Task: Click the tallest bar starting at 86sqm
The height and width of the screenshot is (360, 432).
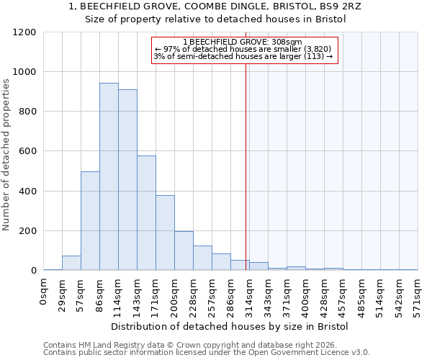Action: [x=109, y=176]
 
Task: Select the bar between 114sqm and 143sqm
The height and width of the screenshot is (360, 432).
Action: [x=127, y=180]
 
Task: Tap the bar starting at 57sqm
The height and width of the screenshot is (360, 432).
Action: [x=90, y=221]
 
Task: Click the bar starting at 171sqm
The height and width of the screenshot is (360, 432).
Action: [x=165, y=233]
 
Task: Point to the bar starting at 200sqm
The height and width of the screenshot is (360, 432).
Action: [x=184, y=251]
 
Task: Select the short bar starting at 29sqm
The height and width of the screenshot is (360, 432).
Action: [x=71, y=263]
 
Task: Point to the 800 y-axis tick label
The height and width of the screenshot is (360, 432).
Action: [x=27, y=112]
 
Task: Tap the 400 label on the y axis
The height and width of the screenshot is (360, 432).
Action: [x=27, y=192]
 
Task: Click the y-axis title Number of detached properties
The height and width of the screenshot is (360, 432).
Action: [x=6, y=155]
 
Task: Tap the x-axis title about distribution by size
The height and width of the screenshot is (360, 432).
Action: [x=230, y=326]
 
